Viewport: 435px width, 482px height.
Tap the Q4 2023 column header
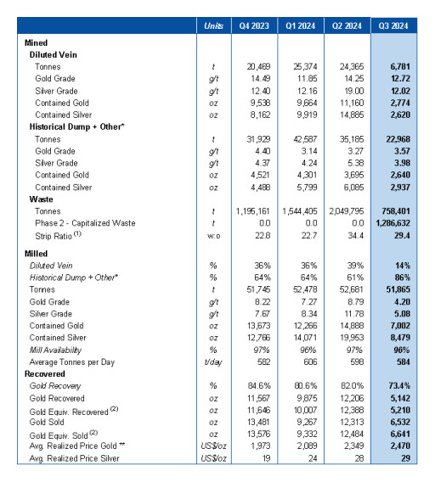[254, 25]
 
